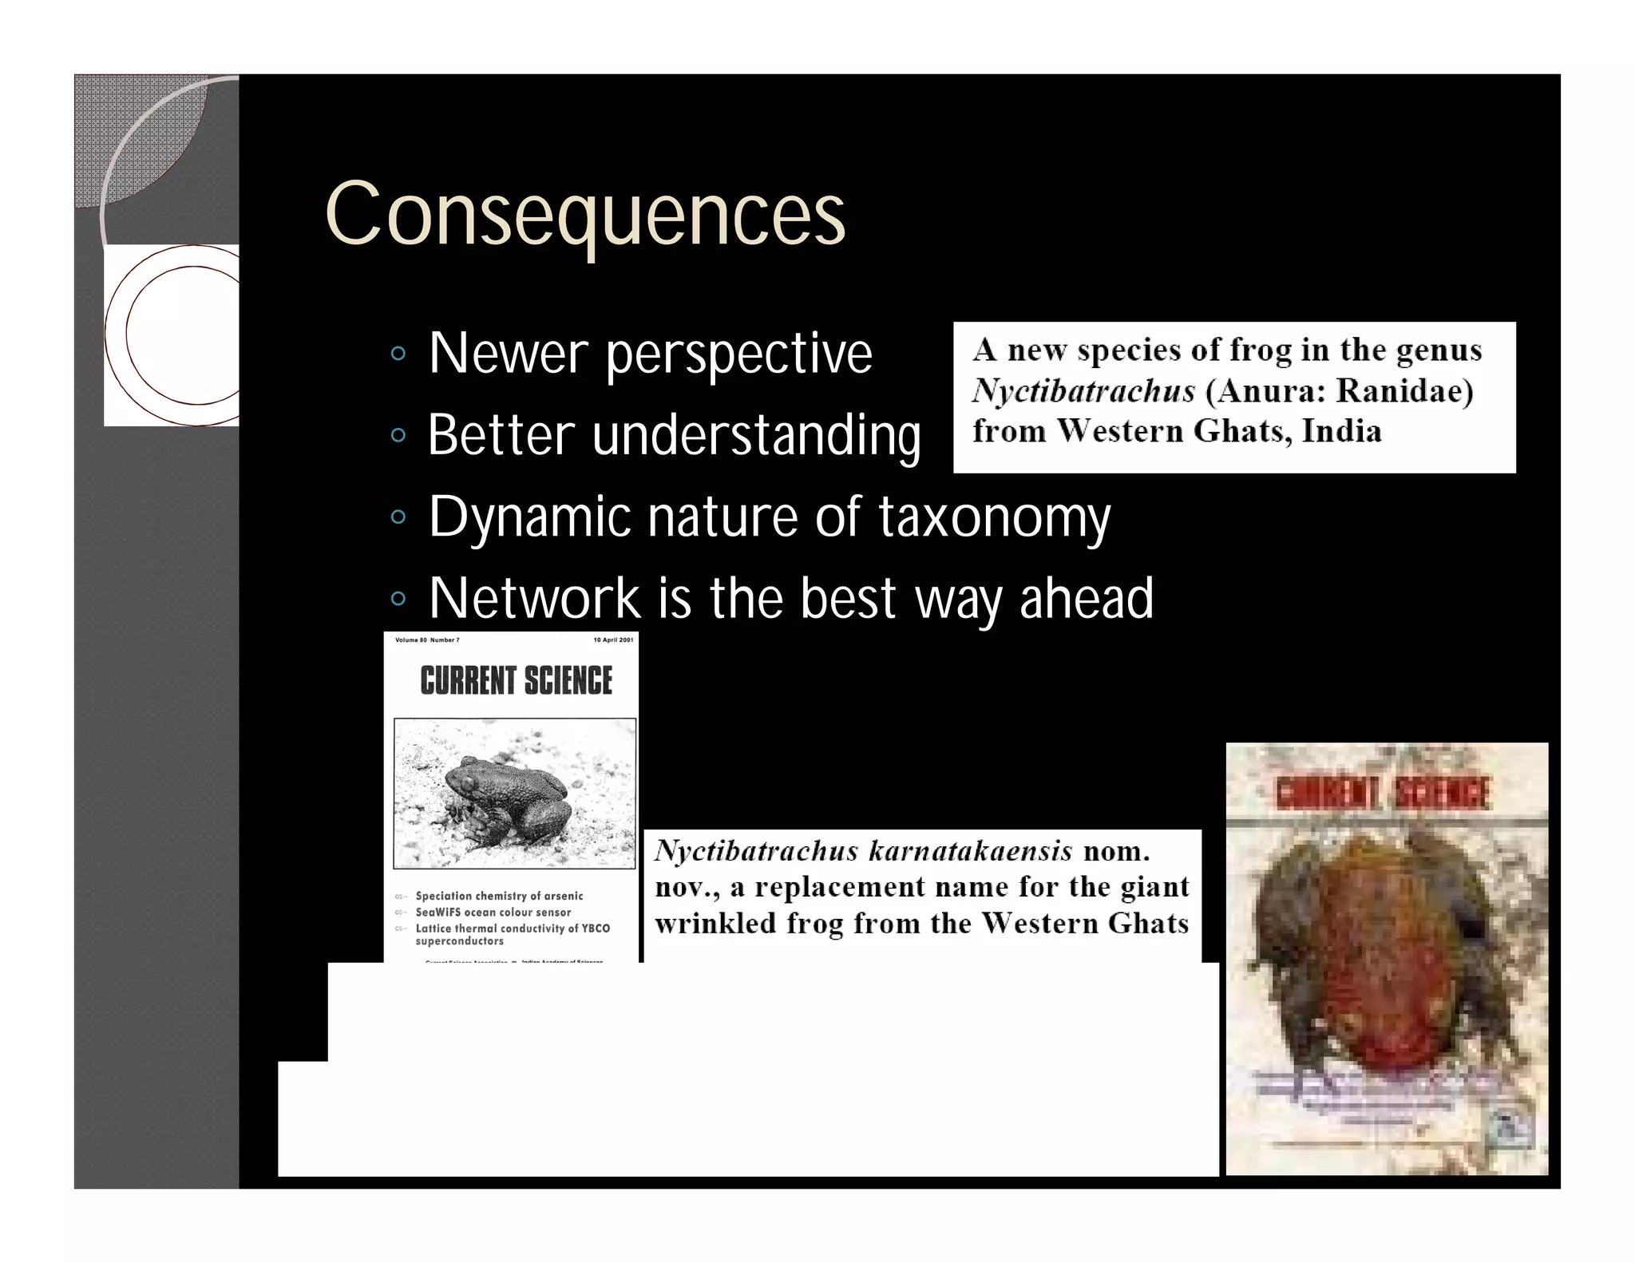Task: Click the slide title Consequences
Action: (585, 214)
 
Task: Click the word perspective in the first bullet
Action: (738, 354)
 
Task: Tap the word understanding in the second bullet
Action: (756, 436)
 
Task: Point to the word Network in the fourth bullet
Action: (534, 598)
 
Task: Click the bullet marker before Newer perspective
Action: (398, 353)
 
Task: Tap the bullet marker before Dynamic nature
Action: (398, 517)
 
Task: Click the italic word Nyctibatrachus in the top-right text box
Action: (1083, 390)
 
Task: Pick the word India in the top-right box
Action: (1341, 431)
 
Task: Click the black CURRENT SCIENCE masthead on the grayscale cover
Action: (516, 681)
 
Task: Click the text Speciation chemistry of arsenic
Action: (499, 896)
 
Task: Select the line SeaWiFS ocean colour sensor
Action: (493, 912)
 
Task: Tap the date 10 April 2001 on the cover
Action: (612, 639)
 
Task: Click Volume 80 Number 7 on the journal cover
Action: (427, 639)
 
